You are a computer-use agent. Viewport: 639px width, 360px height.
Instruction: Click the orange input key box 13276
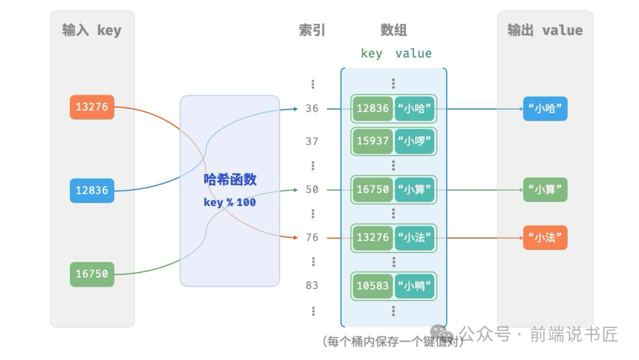[x=92, y=107]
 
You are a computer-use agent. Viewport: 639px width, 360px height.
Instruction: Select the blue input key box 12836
[x=92, y=191]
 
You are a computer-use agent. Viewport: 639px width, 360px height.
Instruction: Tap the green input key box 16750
[x=92, y=274]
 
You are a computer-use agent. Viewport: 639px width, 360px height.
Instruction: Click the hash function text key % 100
[x=230, y=202]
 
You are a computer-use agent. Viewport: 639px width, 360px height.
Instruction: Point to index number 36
[x=312, y=108]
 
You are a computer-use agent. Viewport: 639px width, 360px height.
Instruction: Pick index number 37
[x=312, y=142]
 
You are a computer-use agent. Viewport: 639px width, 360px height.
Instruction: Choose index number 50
[x=312, y=189]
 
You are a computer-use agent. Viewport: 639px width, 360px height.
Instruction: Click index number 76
[x=312, y=237]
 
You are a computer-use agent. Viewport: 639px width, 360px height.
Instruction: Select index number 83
[x=312, y=285]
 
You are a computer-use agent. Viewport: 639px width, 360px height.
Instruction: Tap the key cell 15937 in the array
[x=373, y=142]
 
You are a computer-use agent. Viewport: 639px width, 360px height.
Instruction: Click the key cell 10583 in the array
[x=373, y=286]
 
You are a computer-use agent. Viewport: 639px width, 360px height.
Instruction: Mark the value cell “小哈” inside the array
[x=415, y=108]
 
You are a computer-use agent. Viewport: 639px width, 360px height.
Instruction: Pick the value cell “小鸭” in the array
[x=415, y=286]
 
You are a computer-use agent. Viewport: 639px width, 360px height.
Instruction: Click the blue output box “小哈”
[x=545, y=109]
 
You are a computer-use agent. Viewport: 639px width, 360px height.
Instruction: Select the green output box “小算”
[x=545, y=190]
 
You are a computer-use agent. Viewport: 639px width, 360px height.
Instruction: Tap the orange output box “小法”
[x=545, y=237]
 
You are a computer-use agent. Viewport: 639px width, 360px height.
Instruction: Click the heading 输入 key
[x=92, y=31]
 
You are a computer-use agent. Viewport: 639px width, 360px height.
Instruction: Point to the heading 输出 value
[x=545, y=31]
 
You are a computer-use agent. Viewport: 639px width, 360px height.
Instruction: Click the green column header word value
[x=414, y=53]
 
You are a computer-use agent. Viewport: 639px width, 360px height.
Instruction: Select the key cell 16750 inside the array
[x=373, y=189]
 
